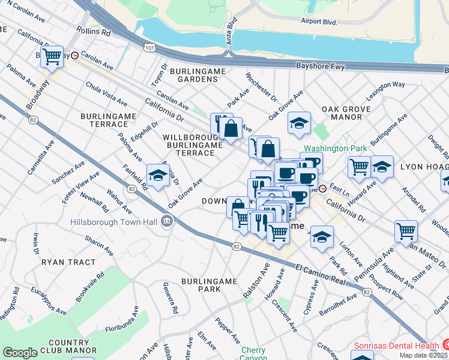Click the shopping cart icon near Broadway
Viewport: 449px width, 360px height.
click(x=52, y=57)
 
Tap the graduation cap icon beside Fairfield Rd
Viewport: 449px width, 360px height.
click(x=157, y=175)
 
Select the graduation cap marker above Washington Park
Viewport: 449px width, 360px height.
click(x=299, y=123)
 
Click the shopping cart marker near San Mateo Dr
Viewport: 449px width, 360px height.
click(x=406, y=231)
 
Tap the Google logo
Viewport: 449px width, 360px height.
click(x=20, y=353)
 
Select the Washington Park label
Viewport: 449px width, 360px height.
click(x=326, y=148)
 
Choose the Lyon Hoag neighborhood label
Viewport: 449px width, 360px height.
click(x=424, y=166)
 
